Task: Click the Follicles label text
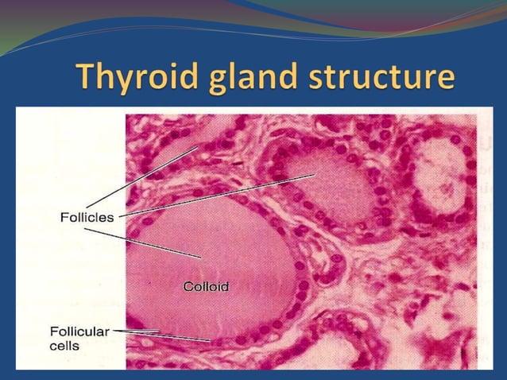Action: pyautogui.click(x=87, y=216)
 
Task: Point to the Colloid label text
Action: pyautogui.click(x=206, y=286)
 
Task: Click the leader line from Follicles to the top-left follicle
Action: pyautogui.click(x=143, y=176)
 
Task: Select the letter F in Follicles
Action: pyautogui.click(x=64, y=216)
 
